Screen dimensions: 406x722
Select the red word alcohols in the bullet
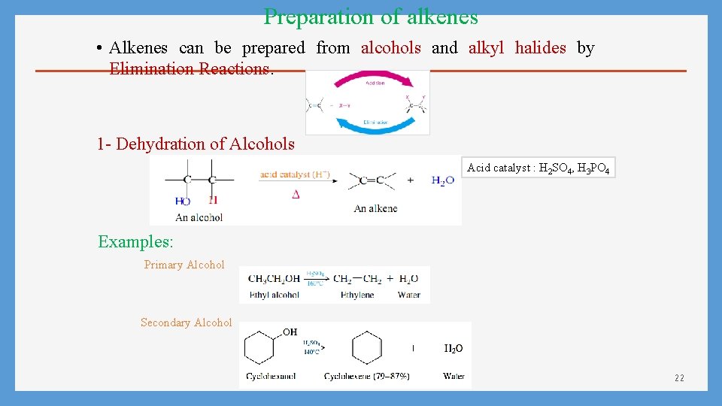pyautogui.click(x=390, y=48)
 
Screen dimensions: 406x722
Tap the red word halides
pyautogui.click(x=540, y=48)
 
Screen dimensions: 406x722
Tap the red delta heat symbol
pyautogui.click(x=296, y=194)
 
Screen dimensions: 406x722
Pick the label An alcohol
pyautogui.click(x=199, y=217)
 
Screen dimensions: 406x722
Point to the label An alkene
pyautogui.click(x=375, y=208)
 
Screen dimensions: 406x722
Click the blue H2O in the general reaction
pyautogui.click(x=442, y=180)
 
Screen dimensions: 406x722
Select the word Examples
pyautogui.click(x=135, y=242)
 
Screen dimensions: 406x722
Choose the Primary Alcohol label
pyautogui.click(x=184, y=265)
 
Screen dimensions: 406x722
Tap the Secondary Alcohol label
pyautogui.click(x=186, y=323)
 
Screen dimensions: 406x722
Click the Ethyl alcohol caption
pyautogui.click(x=274, y=295)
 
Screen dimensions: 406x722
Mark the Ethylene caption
pyautogui.click(x=357, y=295)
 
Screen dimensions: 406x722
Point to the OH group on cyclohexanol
pyautogui.click(x=290, y=332)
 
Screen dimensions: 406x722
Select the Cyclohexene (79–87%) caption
pyautogui.click(x=366, y=376)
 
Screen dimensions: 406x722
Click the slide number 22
pyautogui.click(x=679, y=377)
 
